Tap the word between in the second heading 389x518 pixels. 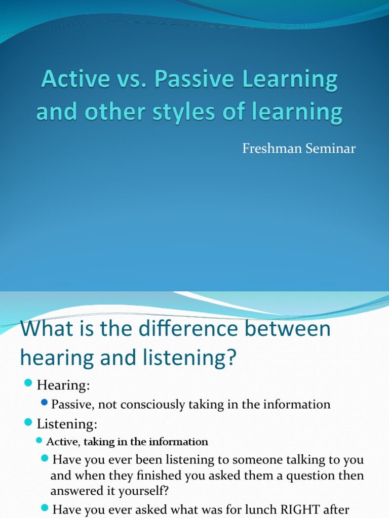[x=294, y=329]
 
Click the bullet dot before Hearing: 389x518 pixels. [x=28, y=385]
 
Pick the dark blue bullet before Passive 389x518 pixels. [x=45, y=403]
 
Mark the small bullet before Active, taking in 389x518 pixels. [x=39, y=441]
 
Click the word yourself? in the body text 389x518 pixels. [x=144, y=491]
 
